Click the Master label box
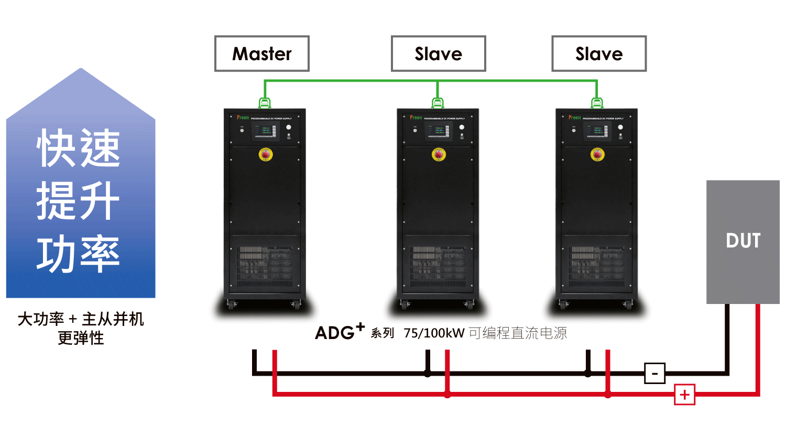click(262, 54)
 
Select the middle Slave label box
click(438, 54)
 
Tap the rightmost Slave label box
click(599, 54)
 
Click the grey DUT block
click(743, 241)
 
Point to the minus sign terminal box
click(654, 374)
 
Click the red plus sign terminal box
click(684, 395)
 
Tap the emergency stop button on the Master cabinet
click(266, 154)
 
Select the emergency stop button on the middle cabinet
click(439, 154)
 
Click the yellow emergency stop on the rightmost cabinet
click(597, 154)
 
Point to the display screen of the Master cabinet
click(265, 131)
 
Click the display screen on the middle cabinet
click(438, 131)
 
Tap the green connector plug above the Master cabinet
click(265, 103)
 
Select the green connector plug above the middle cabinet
click(438, 103)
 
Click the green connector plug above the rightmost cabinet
click(597, 103)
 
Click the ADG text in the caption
click(335, 333)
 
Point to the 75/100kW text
click(434, 333)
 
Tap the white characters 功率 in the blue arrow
click(79, 255)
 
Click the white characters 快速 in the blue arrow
click(79, 149)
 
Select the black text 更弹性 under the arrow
click(81, 339)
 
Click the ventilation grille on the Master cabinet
click(266, 267)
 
